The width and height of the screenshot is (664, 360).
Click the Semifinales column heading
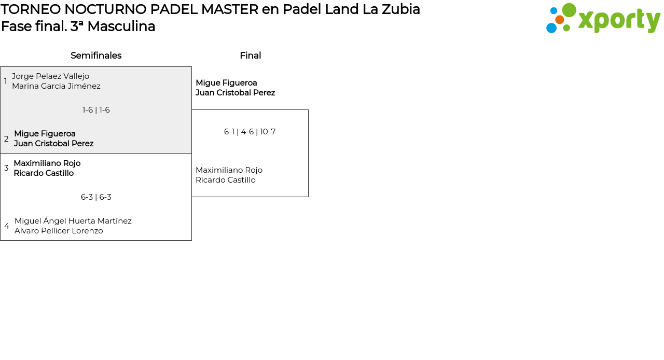click(x=96, y=56)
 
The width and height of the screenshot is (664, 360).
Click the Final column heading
click(x=250, y=56)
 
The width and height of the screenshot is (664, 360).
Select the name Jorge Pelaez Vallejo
click(x=50, y=76)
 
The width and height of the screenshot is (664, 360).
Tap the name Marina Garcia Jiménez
click(x=56, y=86)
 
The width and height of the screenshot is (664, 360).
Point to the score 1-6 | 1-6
click(x=96, y=110)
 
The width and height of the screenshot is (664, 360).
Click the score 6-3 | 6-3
click(x=96, y=197)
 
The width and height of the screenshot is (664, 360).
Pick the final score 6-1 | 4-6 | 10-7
click(x=250, y=132)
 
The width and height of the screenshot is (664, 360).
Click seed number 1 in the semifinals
click(x=6, y=81)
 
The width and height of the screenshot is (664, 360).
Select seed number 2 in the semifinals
click(x=6, y=139)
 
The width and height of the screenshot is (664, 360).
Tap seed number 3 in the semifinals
click(x=6, y=168)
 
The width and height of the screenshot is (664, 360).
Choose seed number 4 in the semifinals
click(x=7, y=226)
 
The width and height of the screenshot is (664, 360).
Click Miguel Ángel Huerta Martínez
click(x=73, y=221)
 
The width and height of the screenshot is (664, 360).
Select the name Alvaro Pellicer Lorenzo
click(x=59, y=231)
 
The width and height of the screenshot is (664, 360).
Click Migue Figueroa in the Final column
click(x=226, y=83)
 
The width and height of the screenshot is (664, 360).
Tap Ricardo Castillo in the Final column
click(x=226, y=180)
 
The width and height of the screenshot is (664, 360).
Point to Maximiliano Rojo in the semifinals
click(x=47, y=163)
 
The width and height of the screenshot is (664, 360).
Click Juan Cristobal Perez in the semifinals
click(x=53, y=144)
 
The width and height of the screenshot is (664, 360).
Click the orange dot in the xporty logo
click(x=559, y=20)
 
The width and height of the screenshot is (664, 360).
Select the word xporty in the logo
click(x=619, y=21)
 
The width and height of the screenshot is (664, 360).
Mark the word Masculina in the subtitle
click(x=121, y=26)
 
